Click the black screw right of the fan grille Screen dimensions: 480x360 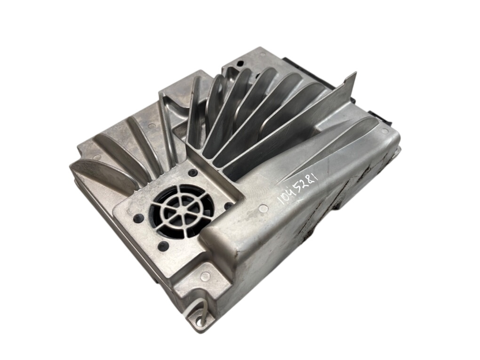tap(228, 206)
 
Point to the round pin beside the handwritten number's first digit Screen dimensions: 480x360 tap(262, 209)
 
